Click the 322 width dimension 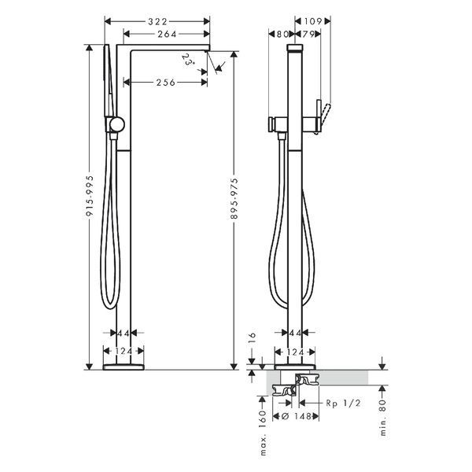coord(157,22)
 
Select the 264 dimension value coord(167,35)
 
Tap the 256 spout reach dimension coord(165,83)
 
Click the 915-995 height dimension coord(90,196)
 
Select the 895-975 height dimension coord(234,198)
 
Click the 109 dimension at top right coord(313,21)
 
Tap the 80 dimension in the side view coord(282,35)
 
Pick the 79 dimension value coord(308,35)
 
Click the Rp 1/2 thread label coord(343,403)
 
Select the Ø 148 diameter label coord(296,416)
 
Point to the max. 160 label coord(263,433)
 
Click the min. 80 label coord(382,418)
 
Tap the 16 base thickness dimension coord(253,338)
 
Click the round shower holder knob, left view coord(116,124)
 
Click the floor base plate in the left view coord(124,367)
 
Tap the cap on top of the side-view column coord(295,48)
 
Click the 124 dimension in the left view coord(124,352)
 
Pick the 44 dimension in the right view coord(295,333)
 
